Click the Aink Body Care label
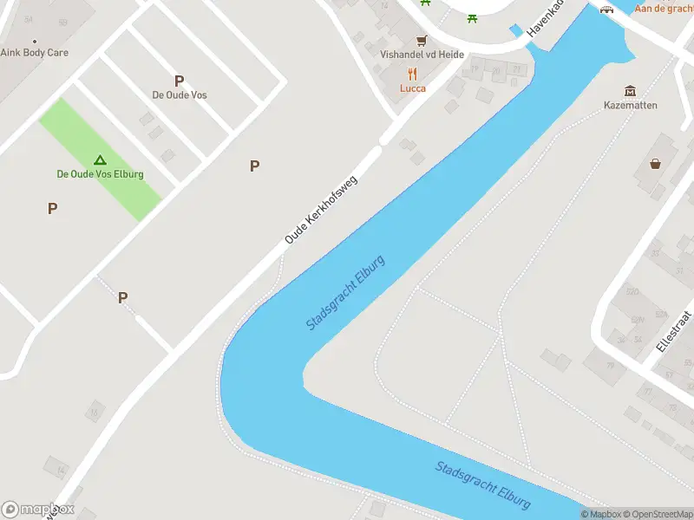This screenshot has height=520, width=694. [35, 53]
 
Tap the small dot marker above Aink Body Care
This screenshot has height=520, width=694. [35, 41]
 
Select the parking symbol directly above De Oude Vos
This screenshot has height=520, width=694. [180, 81]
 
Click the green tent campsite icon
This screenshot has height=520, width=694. [100, 159]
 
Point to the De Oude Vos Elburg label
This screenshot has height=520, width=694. [100, 174]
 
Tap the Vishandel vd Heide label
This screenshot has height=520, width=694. [422, 54]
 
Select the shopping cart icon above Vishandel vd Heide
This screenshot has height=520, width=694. [422, 40]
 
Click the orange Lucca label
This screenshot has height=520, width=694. [413, 88]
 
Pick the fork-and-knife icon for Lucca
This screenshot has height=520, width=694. [413, 74]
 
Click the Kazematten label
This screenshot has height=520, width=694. [631, 106]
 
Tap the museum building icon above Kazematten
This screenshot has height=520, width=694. [631, 91]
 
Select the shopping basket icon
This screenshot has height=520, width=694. [656, 163]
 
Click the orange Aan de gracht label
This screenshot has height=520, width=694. [664, 9]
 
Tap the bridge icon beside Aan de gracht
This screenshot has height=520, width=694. [608, 9]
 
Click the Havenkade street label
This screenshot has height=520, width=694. [545, 19]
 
